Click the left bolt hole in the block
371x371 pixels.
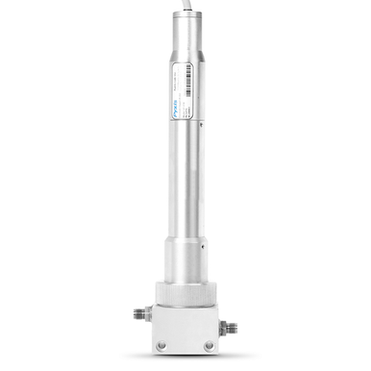[x=162, y=344]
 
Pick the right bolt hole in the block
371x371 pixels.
[x=209, y=344]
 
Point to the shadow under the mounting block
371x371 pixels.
[x=185, y=357]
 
